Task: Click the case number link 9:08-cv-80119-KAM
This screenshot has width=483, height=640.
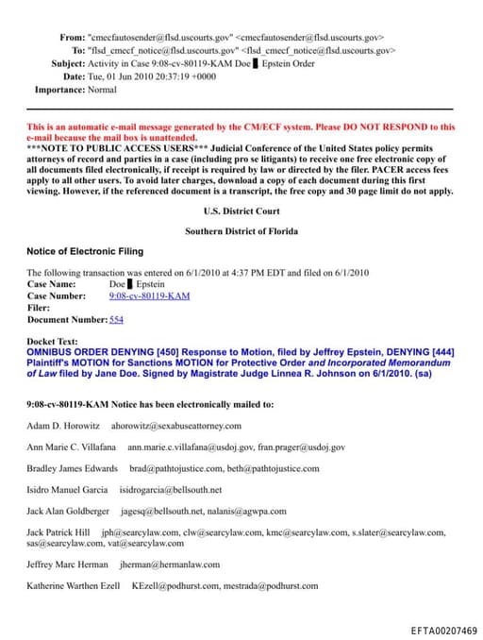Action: pyautogui.click(x=149, y=295)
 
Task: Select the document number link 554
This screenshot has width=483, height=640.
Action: pyautogui.click(x=117, y=319)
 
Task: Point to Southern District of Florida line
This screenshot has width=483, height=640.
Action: pyautogui.click(x=241, y=230)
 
